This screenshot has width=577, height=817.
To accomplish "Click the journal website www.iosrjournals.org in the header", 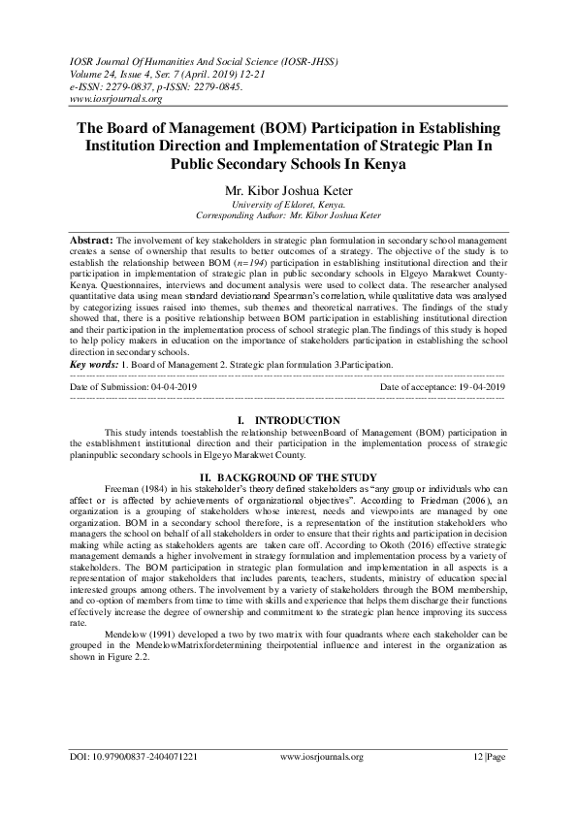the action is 114,98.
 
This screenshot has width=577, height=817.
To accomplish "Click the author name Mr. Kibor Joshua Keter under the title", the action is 288,192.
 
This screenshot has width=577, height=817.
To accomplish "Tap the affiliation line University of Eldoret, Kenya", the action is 288,205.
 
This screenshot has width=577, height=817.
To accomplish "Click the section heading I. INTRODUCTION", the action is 288,419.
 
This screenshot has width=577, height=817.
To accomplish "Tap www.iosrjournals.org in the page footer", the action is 321,783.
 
